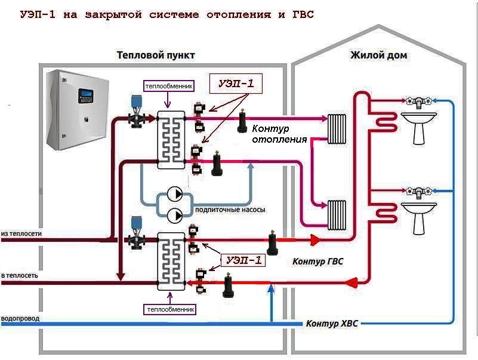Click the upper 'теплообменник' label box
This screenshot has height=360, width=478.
coord(169,86)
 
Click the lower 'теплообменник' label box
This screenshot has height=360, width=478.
coord(170,309)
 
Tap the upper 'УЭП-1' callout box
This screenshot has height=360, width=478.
coord(236,84)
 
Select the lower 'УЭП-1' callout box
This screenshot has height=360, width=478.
coord(243,260)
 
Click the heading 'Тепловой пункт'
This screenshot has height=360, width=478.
coord(156,55)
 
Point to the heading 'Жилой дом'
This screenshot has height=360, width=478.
coord(378,55)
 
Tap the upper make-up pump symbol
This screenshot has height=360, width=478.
coord(175,194)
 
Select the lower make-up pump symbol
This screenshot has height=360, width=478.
coord(175,216)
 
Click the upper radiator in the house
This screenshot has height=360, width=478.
coord(337,129)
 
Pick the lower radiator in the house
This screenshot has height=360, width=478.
coord(337,215)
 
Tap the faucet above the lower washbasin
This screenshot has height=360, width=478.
coord(419,193)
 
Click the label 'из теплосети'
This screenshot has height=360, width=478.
coord(21,233)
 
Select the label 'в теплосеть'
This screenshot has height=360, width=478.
coord(20,275)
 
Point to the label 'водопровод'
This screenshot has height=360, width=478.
coord(20,318)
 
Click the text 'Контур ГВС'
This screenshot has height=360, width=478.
coord(317,261)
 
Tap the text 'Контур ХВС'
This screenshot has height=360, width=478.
coord(332,324)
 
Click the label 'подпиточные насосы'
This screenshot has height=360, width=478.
coord(230,210)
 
